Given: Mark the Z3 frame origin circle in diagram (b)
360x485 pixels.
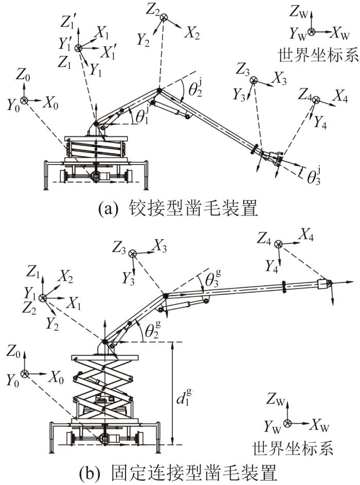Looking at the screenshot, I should click(132, 253).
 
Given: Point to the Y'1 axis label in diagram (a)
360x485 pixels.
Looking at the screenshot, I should click(65, 45).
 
